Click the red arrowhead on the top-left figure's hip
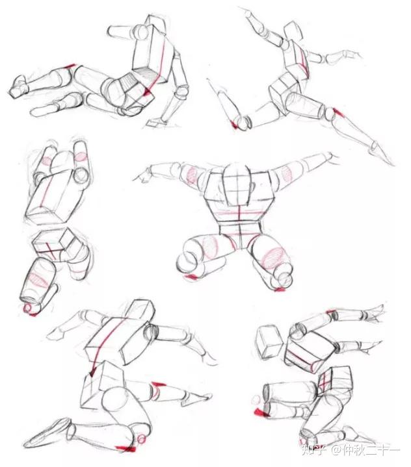[147, 93]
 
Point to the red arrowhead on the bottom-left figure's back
[92, 372]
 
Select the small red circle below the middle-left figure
[29, 309]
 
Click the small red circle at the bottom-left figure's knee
[142, 438]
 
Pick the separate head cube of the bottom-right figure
[269, 341]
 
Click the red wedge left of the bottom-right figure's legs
[260, 412]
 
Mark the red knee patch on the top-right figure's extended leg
[339, 112]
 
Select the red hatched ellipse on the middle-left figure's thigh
[40, 279]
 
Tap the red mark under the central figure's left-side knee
[192, 277]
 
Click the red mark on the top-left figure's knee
[70, 66]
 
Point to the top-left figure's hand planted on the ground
[155, 123]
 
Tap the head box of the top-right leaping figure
[293, 31]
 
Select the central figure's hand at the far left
[142, 175]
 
